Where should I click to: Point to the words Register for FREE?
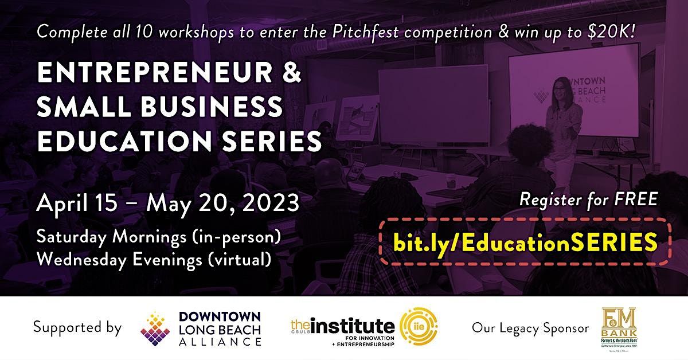click(588, 201)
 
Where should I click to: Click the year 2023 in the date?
click(270, 204)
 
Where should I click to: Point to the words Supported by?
click(77, 328)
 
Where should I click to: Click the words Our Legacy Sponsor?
click(530, 328)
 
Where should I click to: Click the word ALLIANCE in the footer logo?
click(220, 342)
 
